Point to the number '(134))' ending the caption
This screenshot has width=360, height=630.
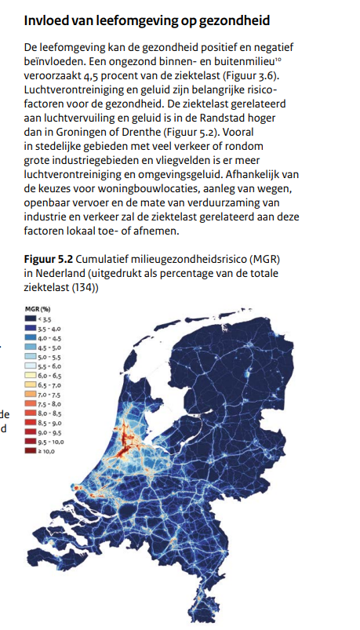coord(88,287)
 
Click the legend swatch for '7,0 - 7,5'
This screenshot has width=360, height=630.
coord(31,395)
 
